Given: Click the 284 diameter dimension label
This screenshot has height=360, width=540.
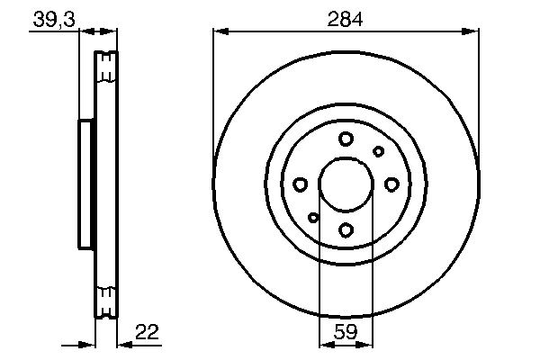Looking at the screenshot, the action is pyautogui.click(x=345, y=19).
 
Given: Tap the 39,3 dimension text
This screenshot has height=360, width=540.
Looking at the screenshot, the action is pyautogui.click(x=54, y=19).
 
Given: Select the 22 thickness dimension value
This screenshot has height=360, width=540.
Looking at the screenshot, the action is pyautogui.click(x=147, y=332).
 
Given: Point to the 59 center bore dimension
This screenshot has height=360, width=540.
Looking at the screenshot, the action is pyautogui.click(x=346, y=332).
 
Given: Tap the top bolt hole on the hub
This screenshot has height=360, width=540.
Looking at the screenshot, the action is pyautogui.click(x=346, y=139).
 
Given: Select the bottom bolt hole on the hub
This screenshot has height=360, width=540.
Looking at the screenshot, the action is pyautogui.click(x=346, y=229).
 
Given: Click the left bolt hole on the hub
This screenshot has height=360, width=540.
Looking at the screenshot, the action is pyautogui.click(x=300, y=184).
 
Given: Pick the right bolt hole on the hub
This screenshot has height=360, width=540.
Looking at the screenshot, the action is pyautogui.click(x=391, y=184).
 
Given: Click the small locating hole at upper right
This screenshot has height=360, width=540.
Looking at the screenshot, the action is pyautogui.click(x=378, y=151).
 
